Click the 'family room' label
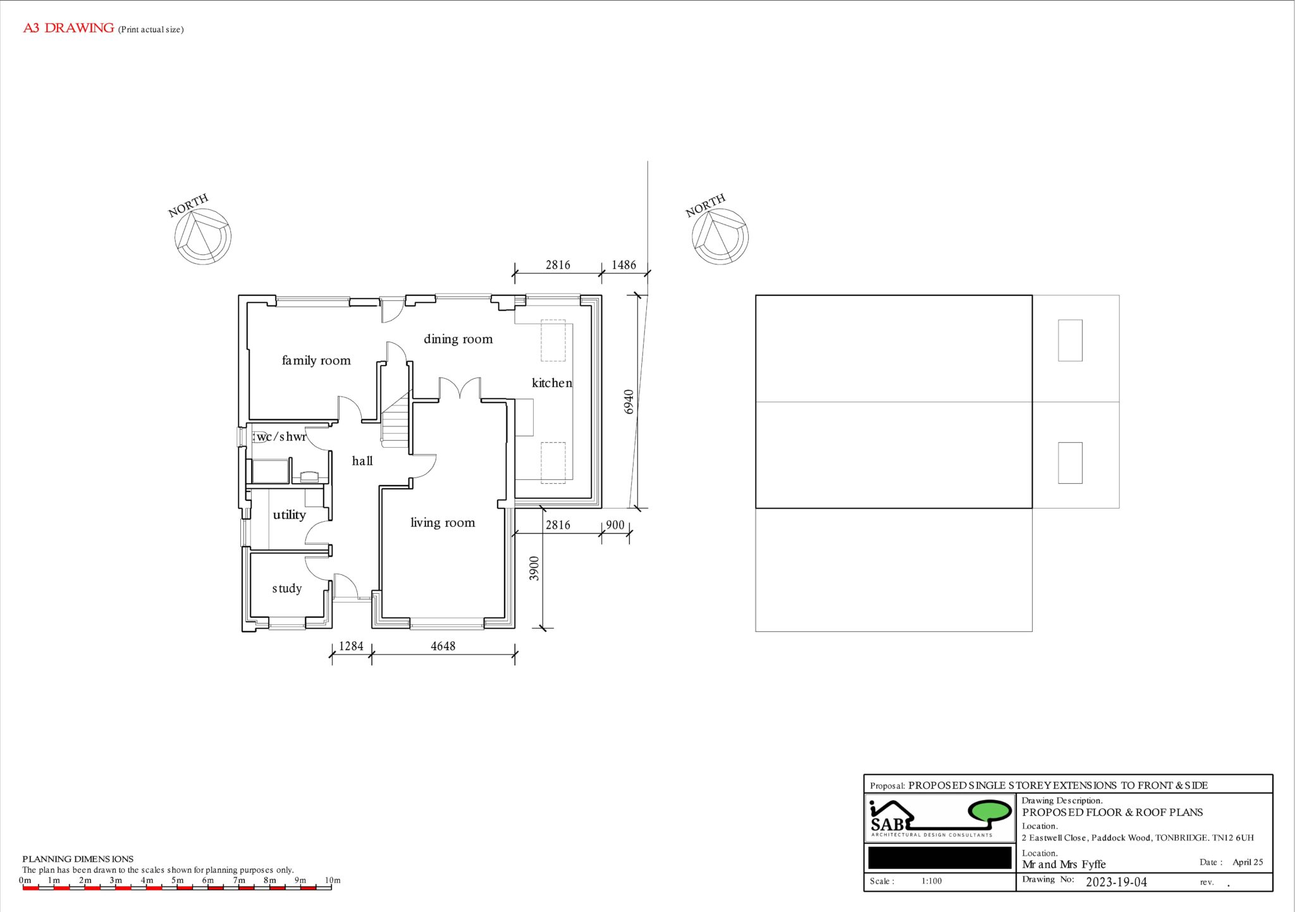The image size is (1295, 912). pos(316,360)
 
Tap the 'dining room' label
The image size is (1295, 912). pos(458,339)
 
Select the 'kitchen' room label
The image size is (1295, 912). pos(552,383)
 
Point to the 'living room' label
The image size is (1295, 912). pos(443,522)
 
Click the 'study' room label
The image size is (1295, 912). pos(287,588)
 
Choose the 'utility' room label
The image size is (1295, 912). pos(289,515)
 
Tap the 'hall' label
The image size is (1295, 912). pos(362,460)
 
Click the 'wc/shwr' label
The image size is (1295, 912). pos(281,436)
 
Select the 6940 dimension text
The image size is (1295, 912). pos(629,402)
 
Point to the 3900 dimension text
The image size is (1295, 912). pos(534,568)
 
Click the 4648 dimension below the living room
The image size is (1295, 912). pos(443,646)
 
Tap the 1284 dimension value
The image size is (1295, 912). pos(351,646)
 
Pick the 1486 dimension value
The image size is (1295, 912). pos(623,265)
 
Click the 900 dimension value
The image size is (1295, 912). pos(615,525)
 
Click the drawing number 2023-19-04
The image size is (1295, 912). pos(1116,882)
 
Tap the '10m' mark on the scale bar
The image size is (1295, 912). pos(333,880)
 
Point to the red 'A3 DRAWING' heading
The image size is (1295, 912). pos(68,28)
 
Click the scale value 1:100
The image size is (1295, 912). pos(931,881)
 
